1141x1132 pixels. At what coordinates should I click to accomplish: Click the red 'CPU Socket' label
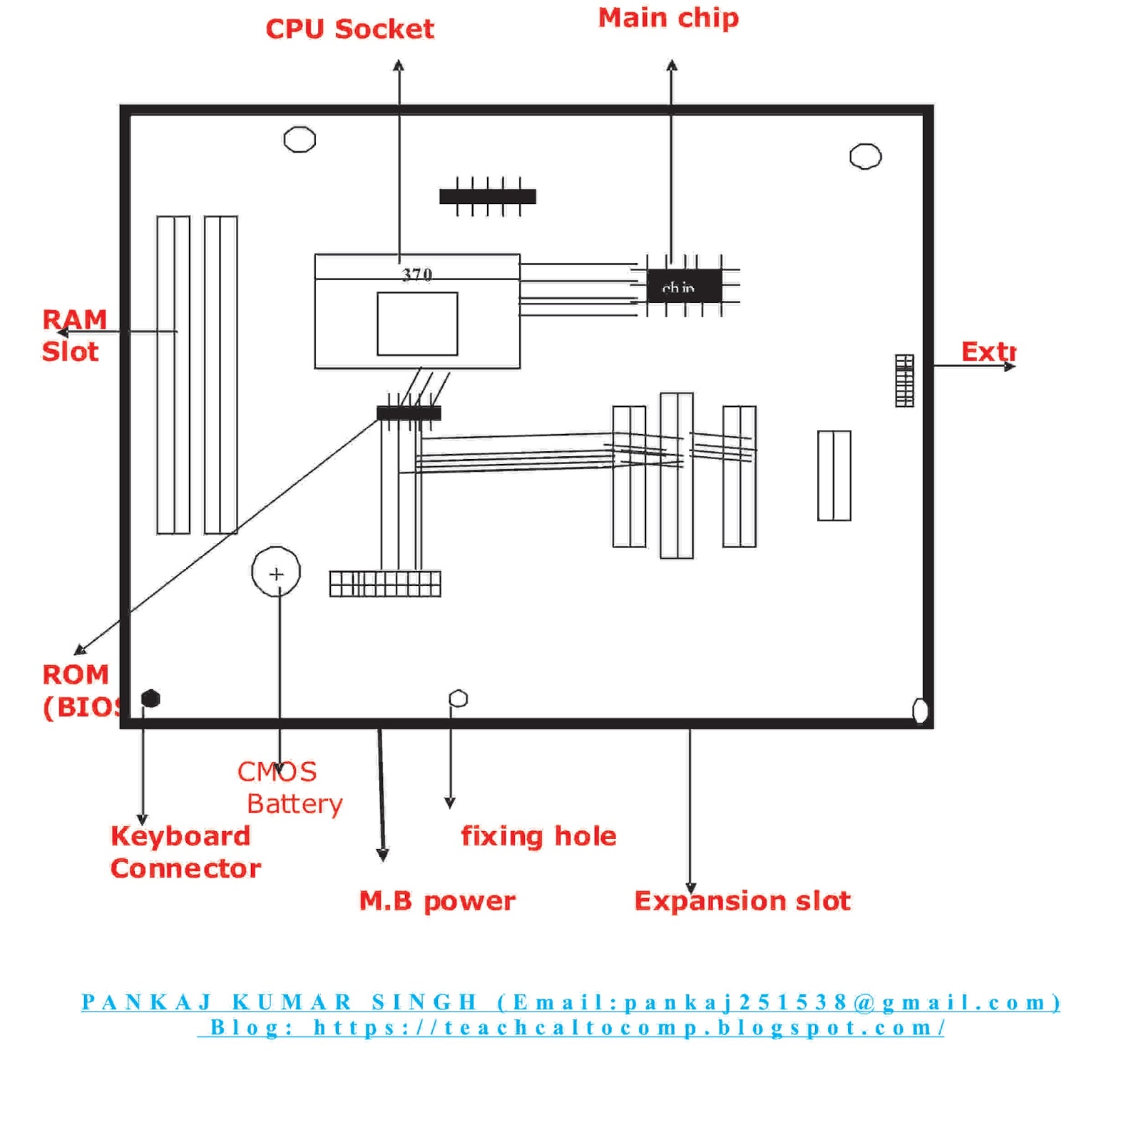(x=349, y=30)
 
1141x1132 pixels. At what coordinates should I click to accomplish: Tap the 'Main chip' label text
(x=668, y=19)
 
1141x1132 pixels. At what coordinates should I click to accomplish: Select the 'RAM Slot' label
(x=73, y=335)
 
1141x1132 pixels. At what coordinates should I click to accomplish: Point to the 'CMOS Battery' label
(x=289, y=788)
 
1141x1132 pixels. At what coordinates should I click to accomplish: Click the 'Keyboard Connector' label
(x=185, y=852)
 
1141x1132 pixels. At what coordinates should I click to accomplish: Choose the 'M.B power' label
(x=436, y=901)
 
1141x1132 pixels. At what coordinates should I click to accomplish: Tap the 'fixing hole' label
(x=538, y=836)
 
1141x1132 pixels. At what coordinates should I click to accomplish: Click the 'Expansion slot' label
(x=742, y=901)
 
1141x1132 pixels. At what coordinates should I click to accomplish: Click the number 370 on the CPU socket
(x=417, y=274)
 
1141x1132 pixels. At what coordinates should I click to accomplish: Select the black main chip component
(x=683, y=286)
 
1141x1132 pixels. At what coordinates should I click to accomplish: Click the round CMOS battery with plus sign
(x=276, y=572)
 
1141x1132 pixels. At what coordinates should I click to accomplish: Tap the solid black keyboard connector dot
(x=150, y=699)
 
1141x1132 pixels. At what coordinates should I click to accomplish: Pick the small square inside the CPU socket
(x=417, y=324)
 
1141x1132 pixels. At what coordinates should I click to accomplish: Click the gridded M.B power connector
(x=385, y=584)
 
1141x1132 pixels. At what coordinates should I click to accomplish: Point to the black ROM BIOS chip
(x=409, y=413)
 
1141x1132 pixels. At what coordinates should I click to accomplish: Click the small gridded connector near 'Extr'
(x=904, y=381)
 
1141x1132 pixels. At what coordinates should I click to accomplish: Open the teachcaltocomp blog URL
(x=628, y=1028)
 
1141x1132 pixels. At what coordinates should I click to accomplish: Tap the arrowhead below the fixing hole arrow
(x=450, y=803)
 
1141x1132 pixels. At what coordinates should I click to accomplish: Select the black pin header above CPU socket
(x=488, y=197)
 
